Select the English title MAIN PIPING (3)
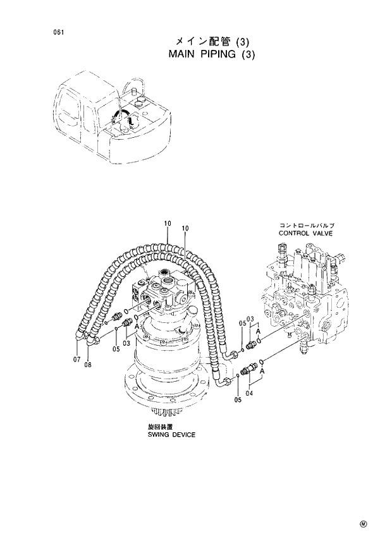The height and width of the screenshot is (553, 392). click(x=212, y=54)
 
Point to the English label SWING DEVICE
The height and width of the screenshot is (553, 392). click(x=171, y=435)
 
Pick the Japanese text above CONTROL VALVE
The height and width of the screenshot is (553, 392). click(x=307, y=226)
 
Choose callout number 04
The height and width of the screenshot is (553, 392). click(x=249, y=393)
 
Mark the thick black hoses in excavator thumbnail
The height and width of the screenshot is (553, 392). click(x=123, y=118)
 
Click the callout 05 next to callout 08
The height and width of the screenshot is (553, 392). click(x=116, y=349)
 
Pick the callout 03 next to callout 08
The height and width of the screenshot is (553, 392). click(x=126, y=343)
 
